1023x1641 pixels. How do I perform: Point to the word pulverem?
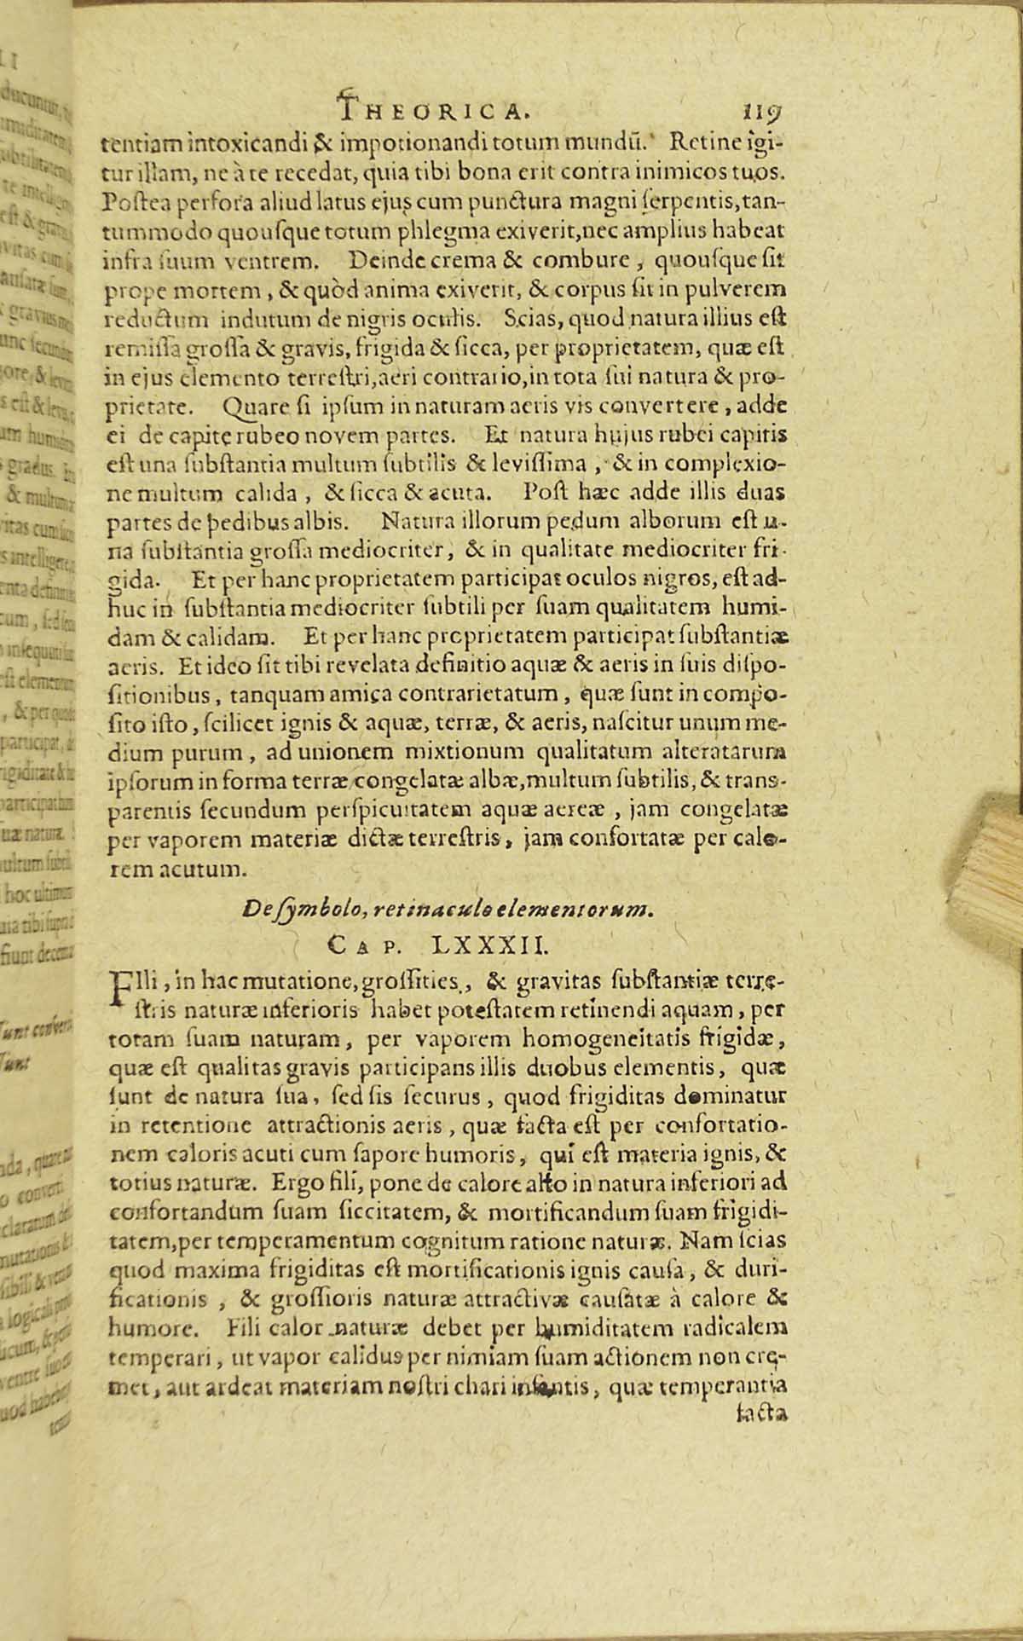click(x=739, y=287)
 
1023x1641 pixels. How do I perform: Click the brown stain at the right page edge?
click(x=997, y=861)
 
